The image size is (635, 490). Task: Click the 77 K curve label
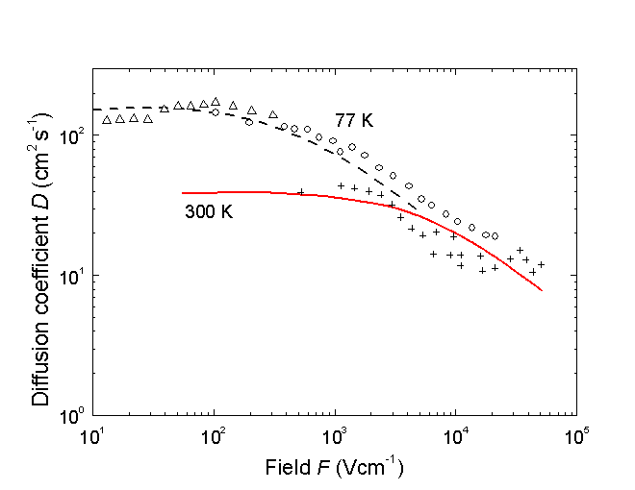[x=353, y=121]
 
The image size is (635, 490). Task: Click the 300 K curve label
[x=209, y=211]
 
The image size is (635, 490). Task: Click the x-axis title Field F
[x=334, y=470]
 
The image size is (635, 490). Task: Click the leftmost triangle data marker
[x=107, y=120]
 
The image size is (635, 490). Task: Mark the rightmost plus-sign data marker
[x=542, y=264]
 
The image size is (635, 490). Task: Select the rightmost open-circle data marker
[x=495, y=235]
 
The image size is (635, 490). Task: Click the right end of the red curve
[x=543, y=290]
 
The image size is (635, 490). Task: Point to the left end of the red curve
[x=182, y=193]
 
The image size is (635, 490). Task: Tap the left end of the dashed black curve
[x=93, y=109]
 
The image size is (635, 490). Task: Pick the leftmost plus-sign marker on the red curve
[x=301, y=192]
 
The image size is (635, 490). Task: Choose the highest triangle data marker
[x=216, y=101]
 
